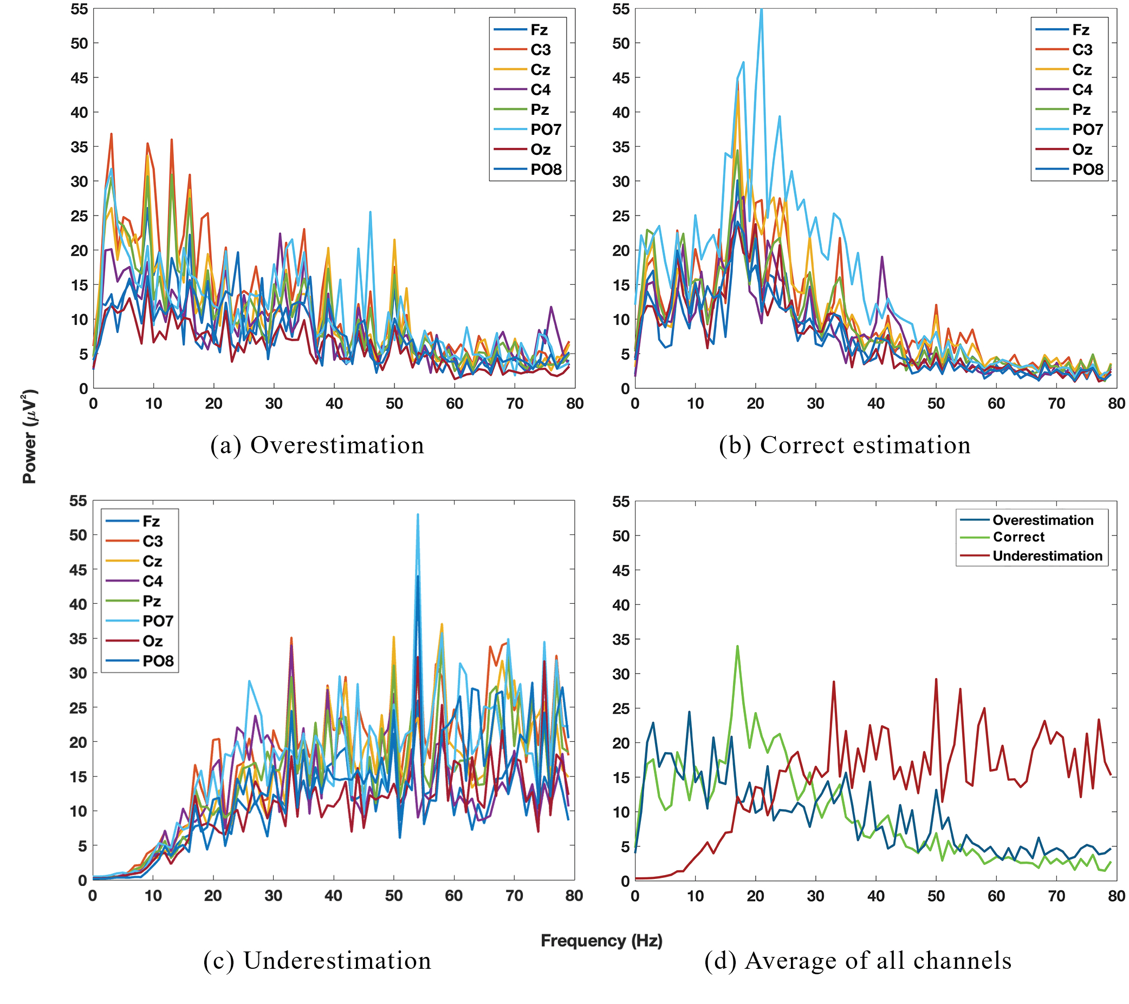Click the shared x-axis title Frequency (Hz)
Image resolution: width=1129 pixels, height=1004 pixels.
(x=601, y=940)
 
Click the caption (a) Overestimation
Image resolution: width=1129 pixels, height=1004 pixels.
(x=317, y=445)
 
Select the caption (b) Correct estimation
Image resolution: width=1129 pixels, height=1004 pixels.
(x=844, y=445)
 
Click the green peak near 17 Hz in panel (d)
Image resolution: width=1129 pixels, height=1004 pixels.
(x=737, y=646)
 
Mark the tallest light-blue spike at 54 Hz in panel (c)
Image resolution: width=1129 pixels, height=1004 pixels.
(x=418, y=514)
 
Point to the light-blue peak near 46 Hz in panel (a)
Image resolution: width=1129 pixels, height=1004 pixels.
(x=370, y=212)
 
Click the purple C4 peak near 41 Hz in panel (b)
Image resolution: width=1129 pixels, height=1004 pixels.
(x=881, y=257)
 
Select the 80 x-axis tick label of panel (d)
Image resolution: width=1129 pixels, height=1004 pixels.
(x=1116, y=896)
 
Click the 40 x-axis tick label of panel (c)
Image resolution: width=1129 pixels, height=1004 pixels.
(x=334, y=895)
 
